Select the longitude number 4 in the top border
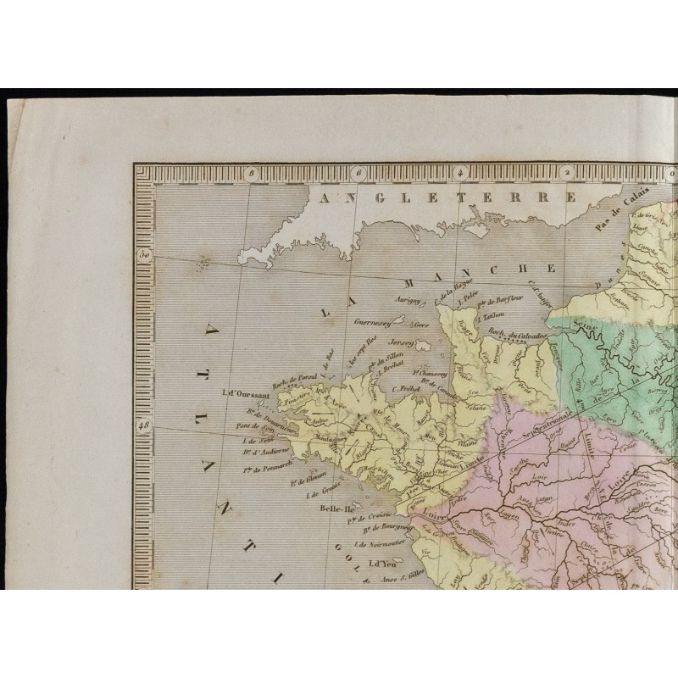pyautogui.click(x=459, y=175)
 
